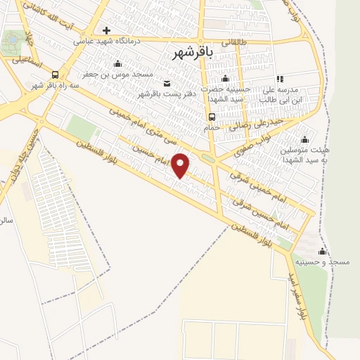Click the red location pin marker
pyautogui.click(x=181, y=165)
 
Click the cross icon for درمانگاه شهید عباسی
pyautogui.click(x=106, y=30)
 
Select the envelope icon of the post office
pyautogui.click(x=167, y=84)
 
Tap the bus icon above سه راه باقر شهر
pyautogui.click(x=56, y=75)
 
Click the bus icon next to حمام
pyautogui.click(x=212, y=117)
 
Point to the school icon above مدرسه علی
pyautogui.click(x=280, y=79)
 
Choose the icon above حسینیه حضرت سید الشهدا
pyautogui.click(x=225, y=79)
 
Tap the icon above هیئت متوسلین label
pyautogui.click(x=304, y=139)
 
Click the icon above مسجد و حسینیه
pyautogui.click(x=322, y=251)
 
